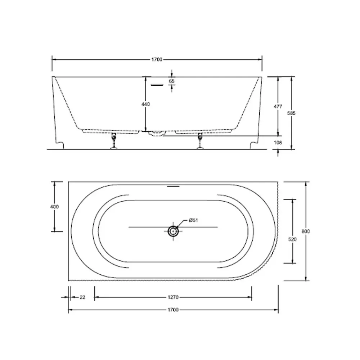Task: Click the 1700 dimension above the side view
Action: click(x=157, y=60)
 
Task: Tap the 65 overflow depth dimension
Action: click(x=172, y=81)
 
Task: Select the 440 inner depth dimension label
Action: click(x=145, y=104)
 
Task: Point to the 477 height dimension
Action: click(x=278, y=107)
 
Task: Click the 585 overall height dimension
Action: click(x=291, y=113)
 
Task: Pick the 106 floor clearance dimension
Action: click(x=278, y=143)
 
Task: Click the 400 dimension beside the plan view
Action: click(x=54, y=207)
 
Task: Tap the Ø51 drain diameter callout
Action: click(x=193, y=220)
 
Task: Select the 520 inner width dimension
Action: click(x=292, y=239)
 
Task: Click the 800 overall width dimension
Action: click(x=306, y=231)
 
